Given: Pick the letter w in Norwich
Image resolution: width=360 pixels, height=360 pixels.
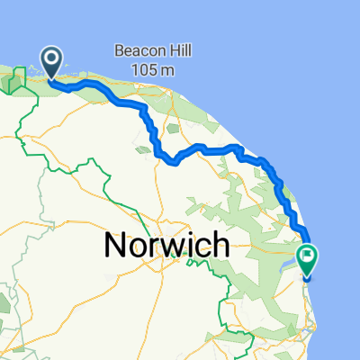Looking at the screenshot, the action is pos(168,245).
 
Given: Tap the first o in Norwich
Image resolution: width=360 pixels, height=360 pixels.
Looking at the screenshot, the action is pos(136,246).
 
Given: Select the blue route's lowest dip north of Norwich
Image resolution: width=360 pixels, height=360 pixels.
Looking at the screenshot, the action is pos(168,163).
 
